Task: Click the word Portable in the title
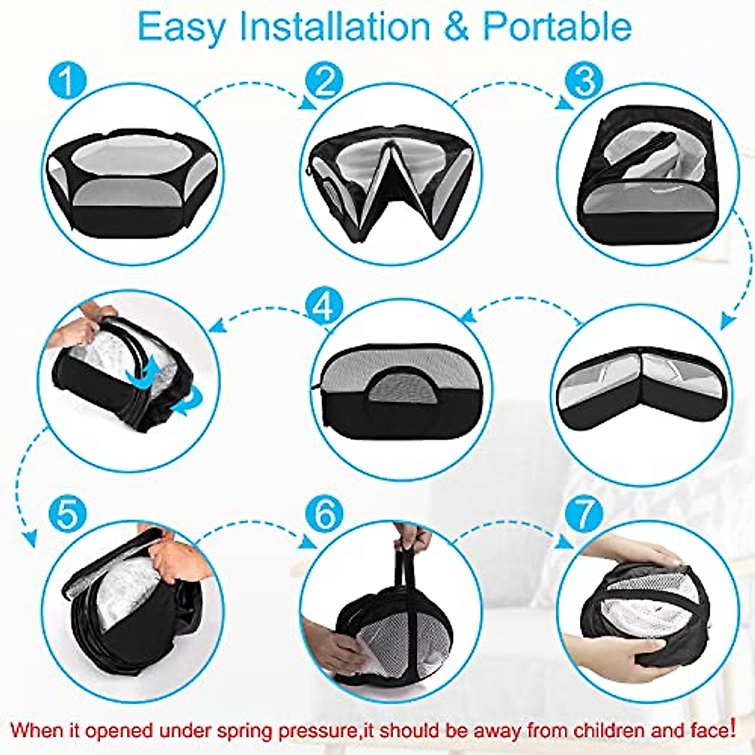pos(557,26)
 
